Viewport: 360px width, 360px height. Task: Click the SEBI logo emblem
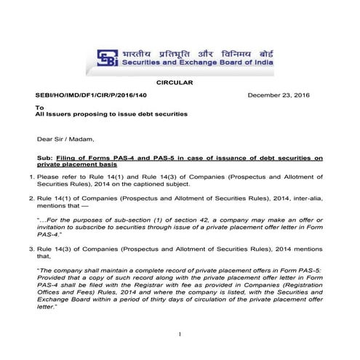(x=103, y=57)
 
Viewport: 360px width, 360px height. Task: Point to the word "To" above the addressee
(x=40, y=106)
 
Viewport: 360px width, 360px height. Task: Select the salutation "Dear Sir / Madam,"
(x=65, y=138)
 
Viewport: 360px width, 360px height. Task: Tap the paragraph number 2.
(x=31, y=198)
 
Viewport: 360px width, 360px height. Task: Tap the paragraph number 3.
(x=31, y=249)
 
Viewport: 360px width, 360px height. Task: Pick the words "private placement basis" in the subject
(x=73, y=165)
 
